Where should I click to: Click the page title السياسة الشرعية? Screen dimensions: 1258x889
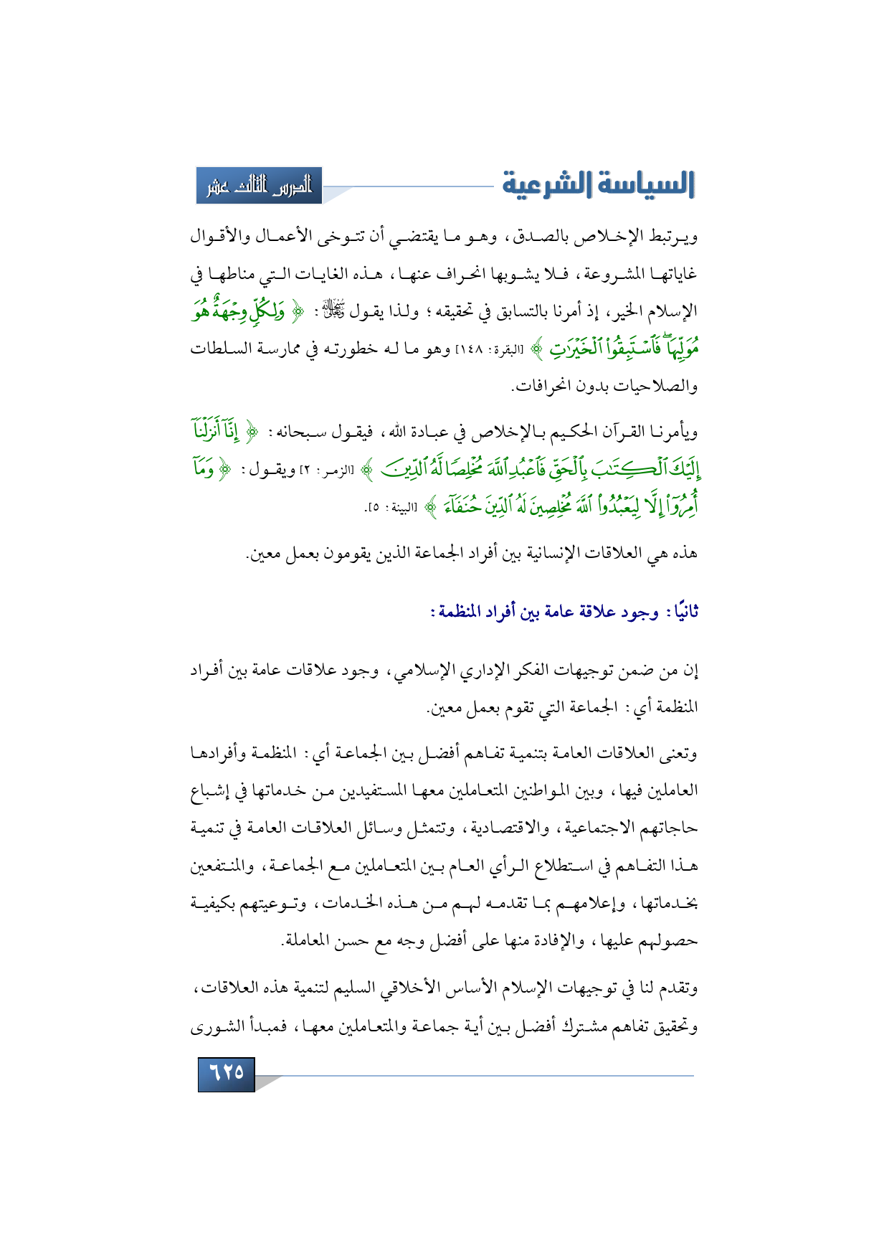pyautogui.click(x=598, y=184)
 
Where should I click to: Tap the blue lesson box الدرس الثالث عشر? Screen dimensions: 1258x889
pyautogui.click(x=260, y=186)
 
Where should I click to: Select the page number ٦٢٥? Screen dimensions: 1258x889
pyautogui.click(x=227, y=1073)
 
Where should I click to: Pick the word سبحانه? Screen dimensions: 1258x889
pyautogui.click(x=301, y=432)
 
